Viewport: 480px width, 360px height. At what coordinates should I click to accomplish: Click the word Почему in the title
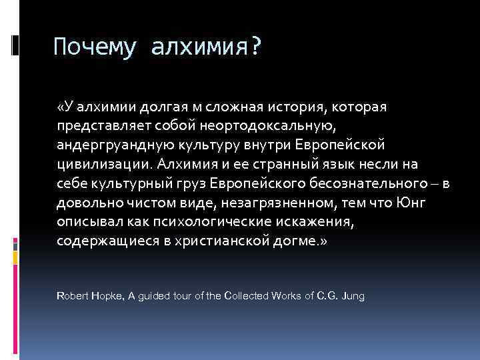[95, 47]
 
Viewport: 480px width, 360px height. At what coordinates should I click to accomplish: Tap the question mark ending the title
[256, 47]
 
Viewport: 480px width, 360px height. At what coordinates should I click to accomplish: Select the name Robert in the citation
[71, 295]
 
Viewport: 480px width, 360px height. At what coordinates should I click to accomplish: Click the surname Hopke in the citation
[102, 295]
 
